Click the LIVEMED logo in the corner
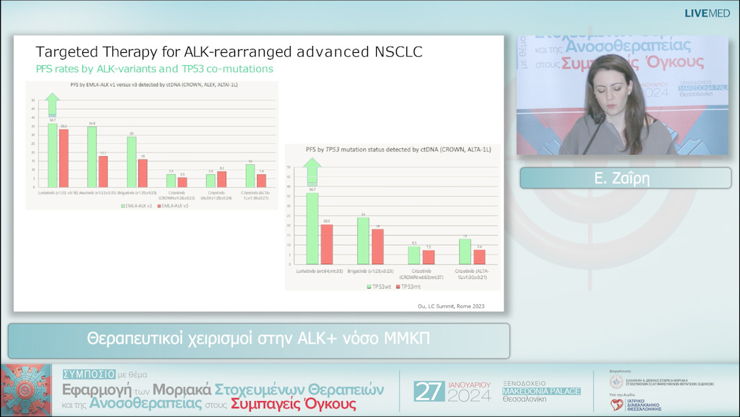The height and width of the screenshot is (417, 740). (x=707, y=13)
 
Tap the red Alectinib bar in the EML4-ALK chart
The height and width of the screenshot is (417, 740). (x=103, y=171)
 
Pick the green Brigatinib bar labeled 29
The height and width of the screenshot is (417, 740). (x=132, y=162)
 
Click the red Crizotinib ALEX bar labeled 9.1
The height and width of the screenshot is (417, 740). (x=221, y=179)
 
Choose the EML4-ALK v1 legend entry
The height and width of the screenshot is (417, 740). (x=140, y=205)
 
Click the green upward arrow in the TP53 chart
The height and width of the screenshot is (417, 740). (x=312, y=171)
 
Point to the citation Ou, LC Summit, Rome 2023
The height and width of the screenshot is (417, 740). (x=450, y=306)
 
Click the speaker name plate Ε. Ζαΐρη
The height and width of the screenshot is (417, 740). (x=626, y=178)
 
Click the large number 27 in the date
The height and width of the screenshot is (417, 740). (x=430, y=392)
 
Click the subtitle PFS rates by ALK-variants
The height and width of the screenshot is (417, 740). (x=154, y=69)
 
